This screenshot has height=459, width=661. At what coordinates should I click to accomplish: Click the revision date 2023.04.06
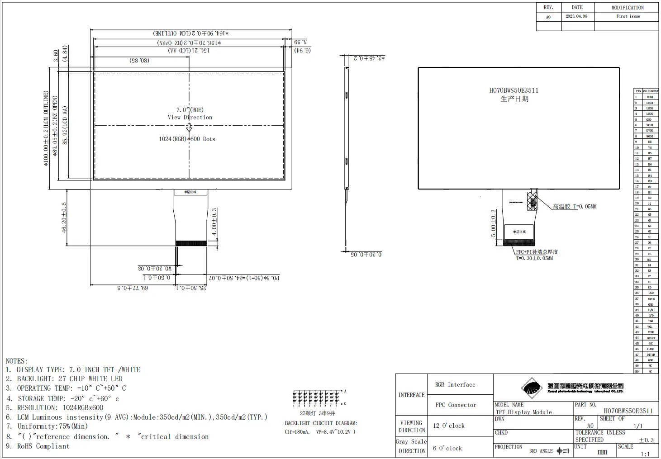pos(576,16)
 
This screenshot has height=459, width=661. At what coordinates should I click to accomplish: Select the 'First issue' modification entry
pos(628,16)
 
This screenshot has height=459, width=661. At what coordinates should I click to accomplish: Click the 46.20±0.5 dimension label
pos(64,217)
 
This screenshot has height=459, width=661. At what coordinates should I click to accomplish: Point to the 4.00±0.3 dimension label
pos(214,222)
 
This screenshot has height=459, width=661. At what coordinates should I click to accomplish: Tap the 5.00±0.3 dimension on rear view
pos(494,223)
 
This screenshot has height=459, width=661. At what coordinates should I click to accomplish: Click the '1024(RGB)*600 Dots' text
pos(187,139)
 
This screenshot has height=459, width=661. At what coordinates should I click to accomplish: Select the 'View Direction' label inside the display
pos(190,117)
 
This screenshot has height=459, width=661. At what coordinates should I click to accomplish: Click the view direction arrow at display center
pos(189,128)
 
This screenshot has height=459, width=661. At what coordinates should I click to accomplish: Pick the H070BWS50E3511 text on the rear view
pos(514,90)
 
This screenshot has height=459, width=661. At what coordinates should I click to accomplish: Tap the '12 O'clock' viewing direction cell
pos(448,426)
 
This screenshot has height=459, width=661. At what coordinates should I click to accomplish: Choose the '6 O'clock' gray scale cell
pos(447,448)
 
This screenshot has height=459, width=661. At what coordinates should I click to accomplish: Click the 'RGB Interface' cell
pos(455,384)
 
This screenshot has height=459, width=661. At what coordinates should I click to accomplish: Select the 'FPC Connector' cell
pos(456,405)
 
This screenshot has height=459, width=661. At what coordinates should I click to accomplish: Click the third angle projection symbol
pos(563,451)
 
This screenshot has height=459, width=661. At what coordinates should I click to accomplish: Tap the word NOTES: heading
pos(17,361)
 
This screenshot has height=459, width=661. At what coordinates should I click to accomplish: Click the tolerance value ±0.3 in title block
pos(646,440)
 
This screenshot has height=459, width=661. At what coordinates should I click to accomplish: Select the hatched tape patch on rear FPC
pos(533,201)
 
